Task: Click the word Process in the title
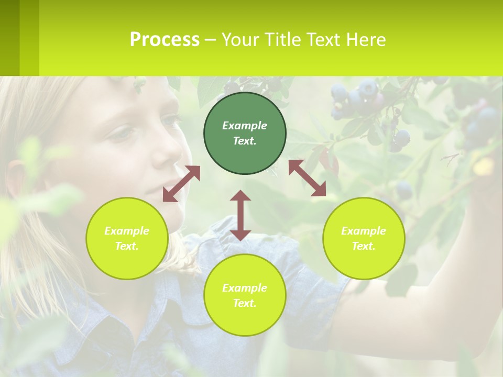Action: [x=165, y=40]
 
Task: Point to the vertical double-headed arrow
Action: [x=240, y=215]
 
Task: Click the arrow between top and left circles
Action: [x=181, y=184]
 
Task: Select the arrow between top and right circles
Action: [x=307, y=178]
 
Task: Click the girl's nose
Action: [x=170, y=152]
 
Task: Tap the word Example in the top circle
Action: [x=245, y=126]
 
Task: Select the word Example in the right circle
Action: [x=364, y=231]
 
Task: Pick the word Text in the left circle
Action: [x=126, y=246]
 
